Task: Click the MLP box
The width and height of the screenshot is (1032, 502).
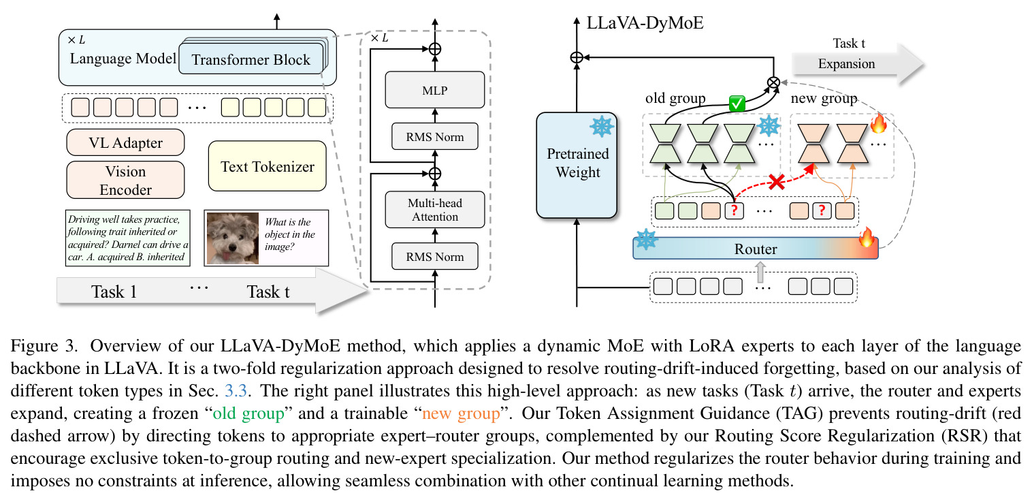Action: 434,90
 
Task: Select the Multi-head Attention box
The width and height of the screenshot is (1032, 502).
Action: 434,210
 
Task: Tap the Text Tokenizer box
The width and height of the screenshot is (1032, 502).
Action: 268,166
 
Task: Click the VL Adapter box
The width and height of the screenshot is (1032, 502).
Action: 125,142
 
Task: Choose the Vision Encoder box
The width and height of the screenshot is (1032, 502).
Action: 125,180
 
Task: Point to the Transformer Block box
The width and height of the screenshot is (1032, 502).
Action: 251,59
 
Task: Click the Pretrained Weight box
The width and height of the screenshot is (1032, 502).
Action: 577,165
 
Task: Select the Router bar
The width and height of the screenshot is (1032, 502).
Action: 756,249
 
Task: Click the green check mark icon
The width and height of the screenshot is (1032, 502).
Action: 737,104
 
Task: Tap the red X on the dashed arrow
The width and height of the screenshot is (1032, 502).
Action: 777,182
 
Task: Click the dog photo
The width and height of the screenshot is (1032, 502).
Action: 233,238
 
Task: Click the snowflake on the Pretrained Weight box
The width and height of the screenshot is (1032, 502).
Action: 602,127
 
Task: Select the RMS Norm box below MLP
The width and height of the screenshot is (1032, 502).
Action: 434,136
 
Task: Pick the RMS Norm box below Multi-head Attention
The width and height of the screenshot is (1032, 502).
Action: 434,256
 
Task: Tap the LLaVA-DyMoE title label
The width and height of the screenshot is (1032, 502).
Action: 645,22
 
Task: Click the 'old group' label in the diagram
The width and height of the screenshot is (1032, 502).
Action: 675,98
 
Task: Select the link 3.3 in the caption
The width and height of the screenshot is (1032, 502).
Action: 236,391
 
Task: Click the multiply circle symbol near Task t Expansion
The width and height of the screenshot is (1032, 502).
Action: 773,83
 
